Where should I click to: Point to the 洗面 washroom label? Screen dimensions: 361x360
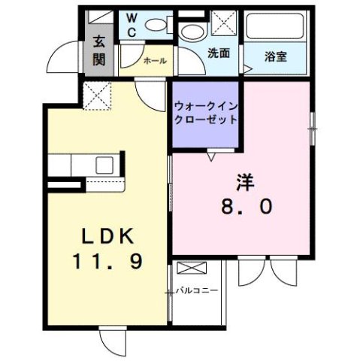click(219, 54)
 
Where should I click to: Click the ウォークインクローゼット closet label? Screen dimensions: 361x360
click(207, 112)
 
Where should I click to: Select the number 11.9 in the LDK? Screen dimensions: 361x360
click(108, 261)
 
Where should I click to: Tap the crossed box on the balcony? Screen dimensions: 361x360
click(191, 268)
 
